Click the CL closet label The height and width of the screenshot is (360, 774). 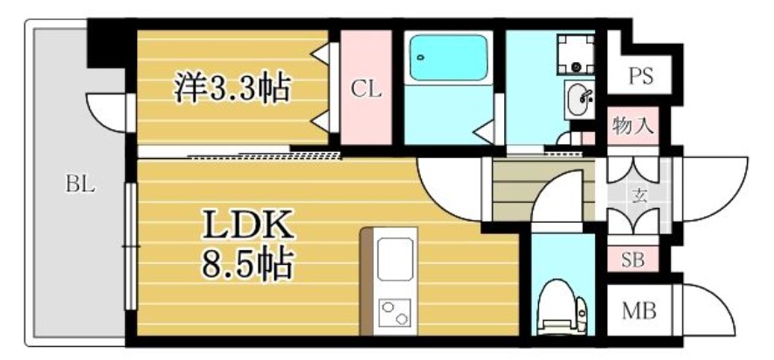click(366, 90)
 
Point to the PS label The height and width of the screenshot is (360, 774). click(640, 77)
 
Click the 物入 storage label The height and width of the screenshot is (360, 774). click(633, 127)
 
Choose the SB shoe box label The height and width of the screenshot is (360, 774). click(632, 260)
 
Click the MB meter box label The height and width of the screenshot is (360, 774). click(639, 312)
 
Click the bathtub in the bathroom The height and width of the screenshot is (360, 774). click(448, 57)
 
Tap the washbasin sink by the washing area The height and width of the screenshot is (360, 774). click(580, 100)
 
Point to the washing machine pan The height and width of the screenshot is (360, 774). click(576, 53)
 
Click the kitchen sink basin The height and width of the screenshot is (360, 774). click(395, 259)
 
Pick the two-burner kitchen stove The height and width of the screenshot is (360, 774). click(395, 313)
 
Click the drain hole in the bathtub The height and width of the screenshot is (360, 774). click(420, 57)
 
